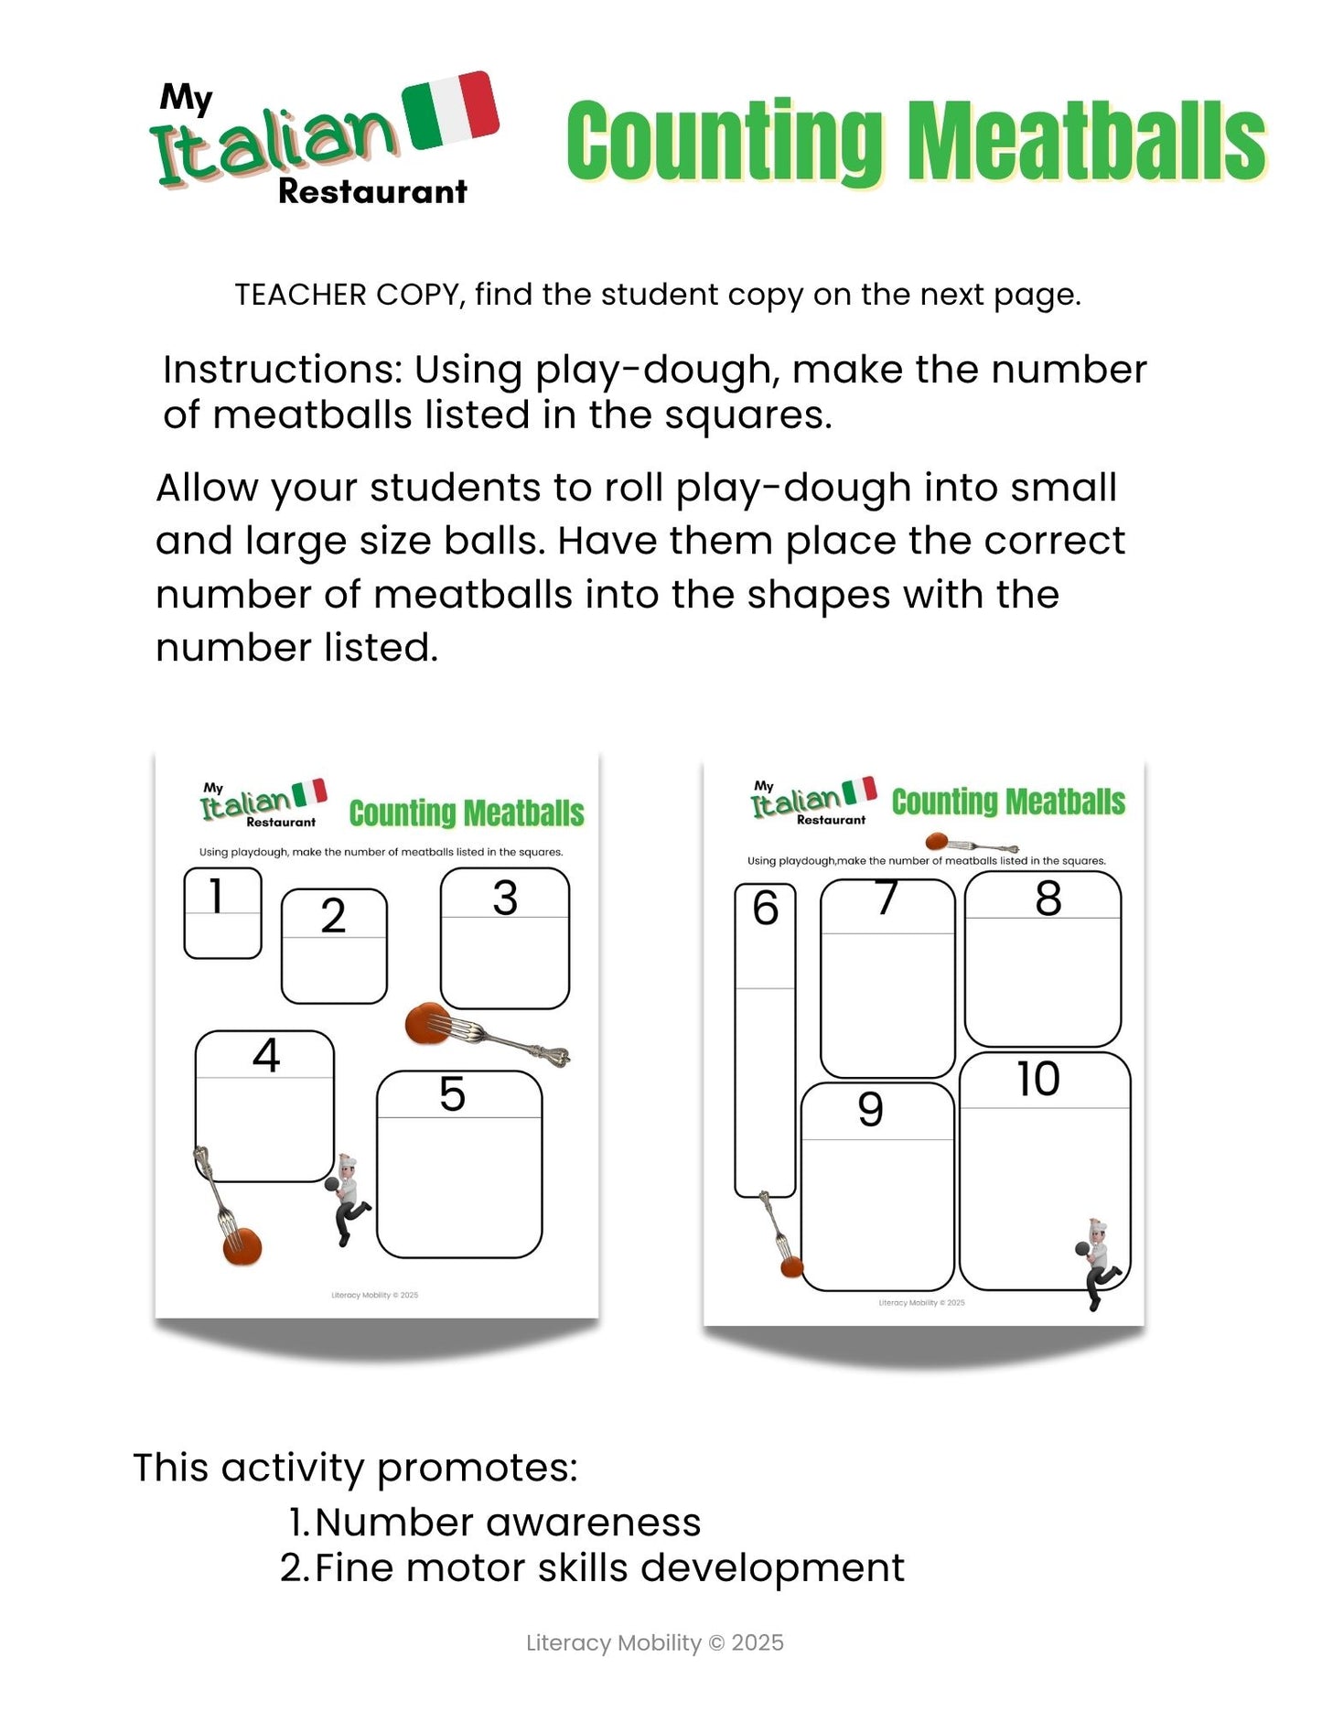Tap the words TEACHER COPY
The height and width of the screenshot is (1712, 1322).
pos(347,295)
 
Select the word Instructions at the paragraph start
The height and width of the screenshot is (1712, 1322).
pos(283,371)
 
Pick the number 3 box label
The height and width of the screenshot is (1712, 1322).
pos(505,898)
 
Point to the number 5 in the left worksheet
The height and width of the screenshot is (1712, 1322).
pos(452,1093)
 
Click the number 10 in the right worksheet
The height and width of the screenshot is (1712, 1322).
pos(1038,1079)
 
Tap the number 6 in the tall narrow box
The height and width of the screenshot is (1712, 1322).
pos(765,908)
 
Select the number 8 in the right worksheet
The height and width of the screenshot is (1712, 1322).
pos(1048,898)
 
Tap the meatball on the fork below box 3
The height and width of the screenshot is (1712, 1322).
pos(425,1023)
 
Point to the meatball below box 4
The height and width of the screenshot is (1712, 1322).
pos(242,1246)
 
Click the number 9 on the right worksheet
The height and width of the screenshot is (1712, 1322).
pos(870,1109)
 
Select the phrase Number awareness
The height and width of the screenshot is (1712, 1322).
pos(508,1523)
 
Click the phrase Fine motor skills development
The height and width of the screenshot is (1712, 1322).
pos(609,1568)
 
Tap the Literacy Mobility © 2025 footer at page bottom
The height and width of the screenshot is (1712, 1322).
pos(655,1643)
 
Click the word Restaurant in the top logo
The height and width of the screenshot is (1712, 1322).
pos(372,192)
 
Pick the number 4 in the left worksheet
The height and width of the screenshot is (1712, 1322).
pos(265,1055)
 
